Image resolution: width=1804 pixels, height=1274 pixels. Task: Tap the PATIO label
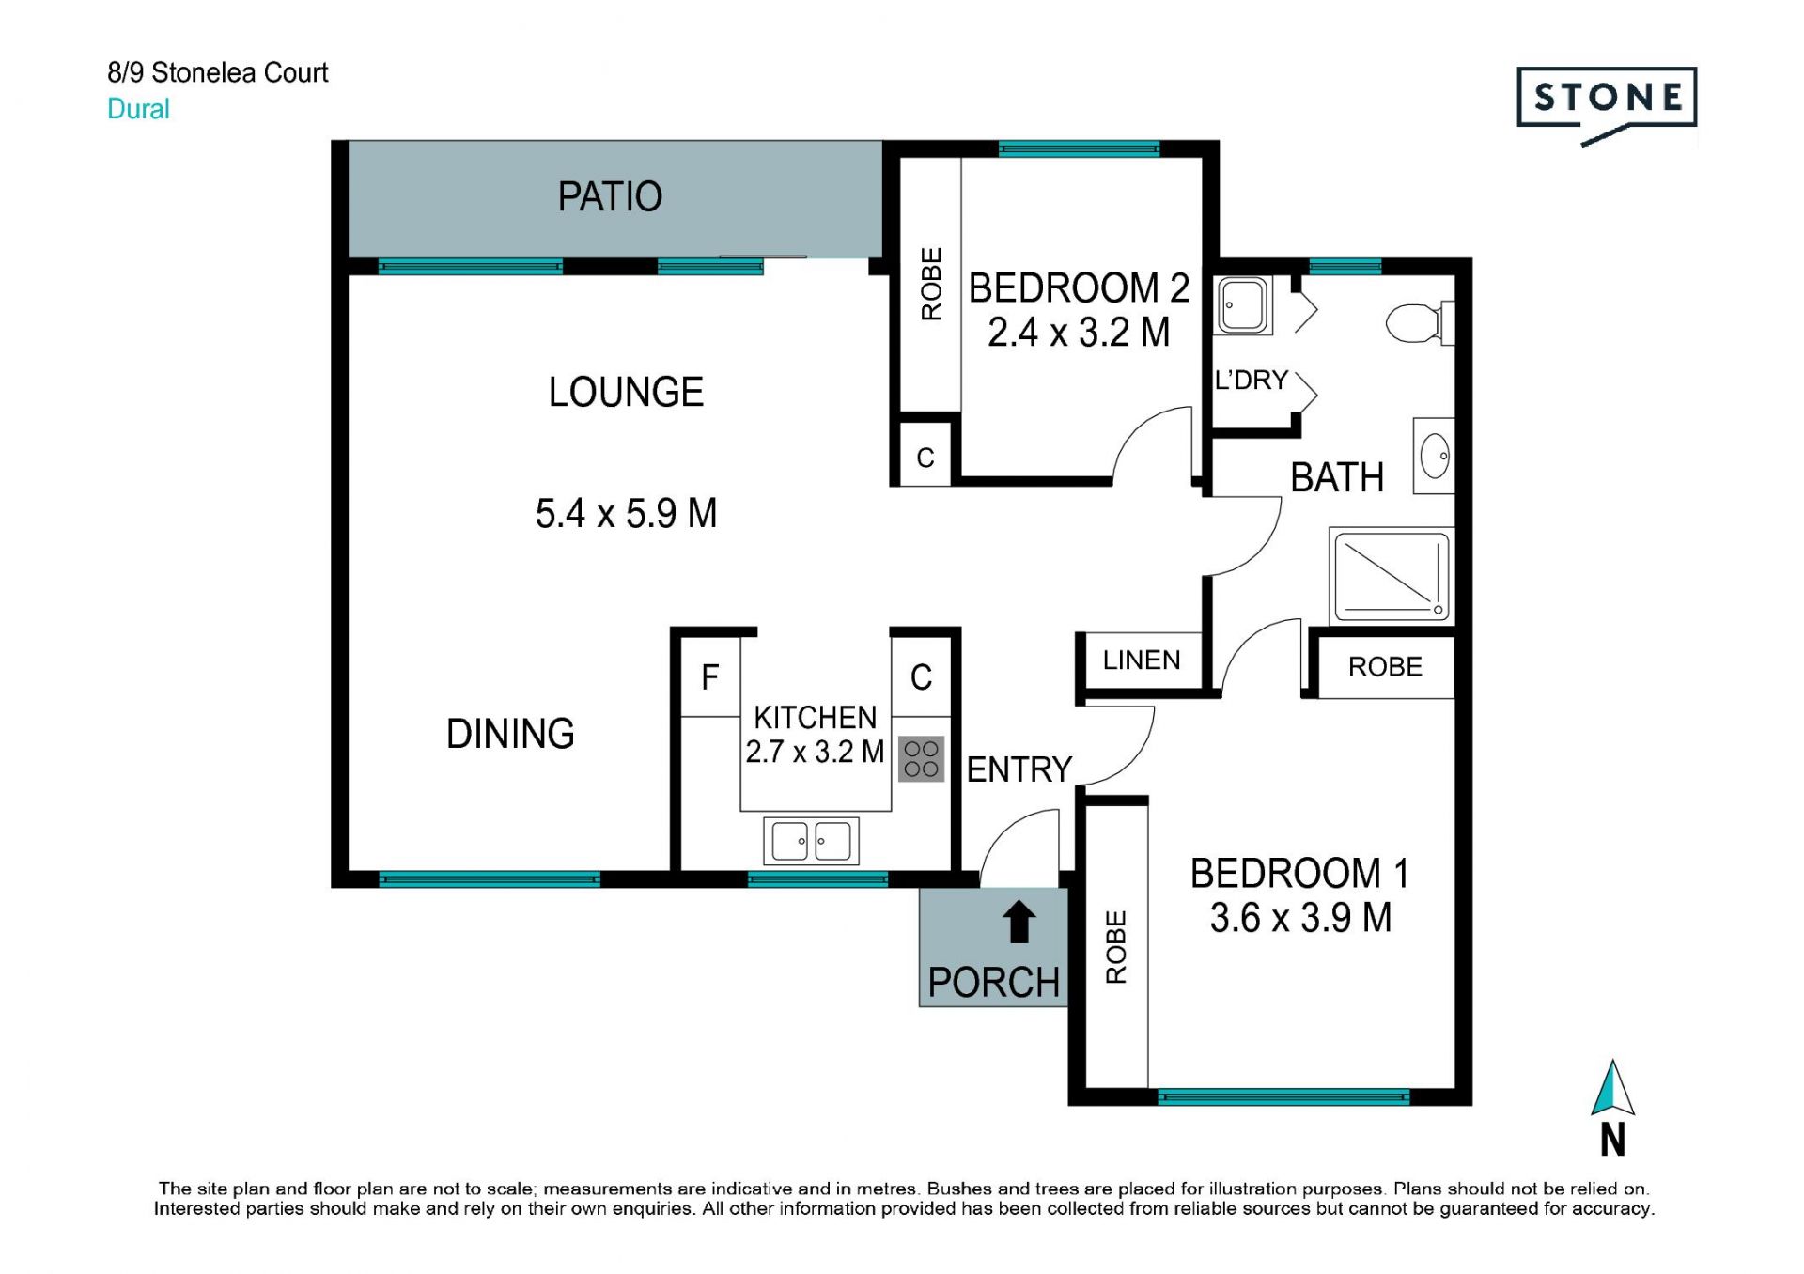(x=610, y=197)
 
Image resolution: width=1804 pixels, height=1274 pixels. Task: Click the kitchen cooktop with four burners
(x=921, y=759)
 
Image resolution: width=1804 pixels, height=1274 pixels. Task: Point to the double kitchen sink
(x=811, y=841)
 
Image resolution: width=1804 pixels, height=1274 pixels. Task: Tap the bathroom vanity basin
(x=1434, y=457)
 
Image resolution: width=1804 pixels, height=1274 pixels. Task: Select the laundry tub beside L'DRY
(x=1242, y=305)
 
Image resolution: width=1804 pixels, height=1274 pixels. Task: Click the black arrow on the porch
(x=1019, y=922)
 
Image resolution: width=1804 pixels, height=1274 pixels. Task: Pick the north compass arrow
(x=1612, y=1088)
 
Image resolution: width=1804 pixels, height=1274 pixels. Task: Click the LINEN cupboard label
(x=1142, y=660)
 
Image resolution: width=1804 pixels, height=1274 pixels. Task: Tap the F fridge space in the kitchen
(x=710, y=677)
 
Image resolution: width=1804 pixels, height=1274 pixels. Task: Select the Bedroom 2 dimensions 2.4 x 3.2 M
(x=1079, y=333)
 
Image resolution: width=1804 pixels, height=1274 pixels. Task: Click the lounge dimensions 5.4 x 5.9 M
(x=626, y=514)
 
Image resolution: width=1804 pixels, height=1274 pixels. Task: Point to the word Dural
(x=138, y=109)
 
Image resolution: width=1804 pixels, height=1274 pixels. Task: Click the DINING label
(x=510, y=734)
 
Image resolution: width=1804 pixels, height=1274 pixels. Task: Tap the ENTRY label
(x=1019, y=769)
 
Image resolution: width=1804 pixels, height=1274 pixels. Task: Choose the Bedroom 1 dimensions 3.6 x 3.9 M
(x=1300, y=918)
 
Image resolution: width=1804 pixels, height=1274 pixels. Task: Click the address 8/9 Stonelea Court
(x=218, y=72)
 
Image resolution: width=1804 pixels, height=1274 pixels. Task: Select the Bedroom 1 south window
(x=1283, y=1096)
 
